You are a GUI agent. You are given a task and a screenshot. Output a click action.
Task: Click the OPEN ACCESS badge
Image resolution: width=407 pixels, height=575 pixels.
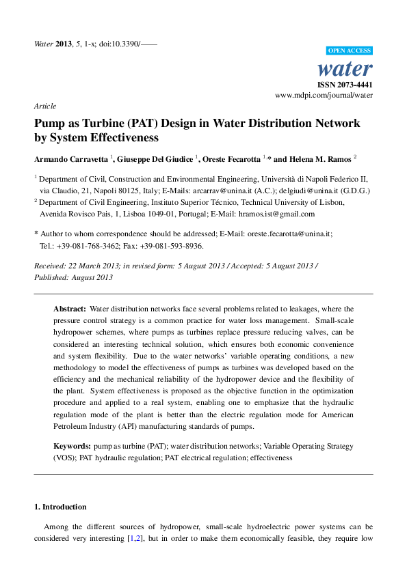(x=349, y=51)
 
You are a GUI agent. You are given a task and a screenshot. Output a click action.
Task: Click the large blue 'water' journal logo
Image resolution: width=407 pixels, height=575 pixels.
(x=346, y=68)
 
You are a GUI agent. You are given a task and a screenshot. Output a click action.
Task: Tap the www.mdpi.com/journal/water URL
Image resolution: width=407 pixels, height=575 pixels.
(x=324, y=96)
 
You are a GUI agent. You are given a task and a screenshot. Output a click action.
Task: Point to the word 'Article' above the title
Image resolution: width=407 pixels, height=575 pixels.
(x=44, y=106)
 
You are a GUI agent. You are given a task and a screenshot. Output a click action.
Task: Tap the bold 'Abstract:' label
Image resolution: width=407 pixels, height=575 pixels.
(x=70, y=309)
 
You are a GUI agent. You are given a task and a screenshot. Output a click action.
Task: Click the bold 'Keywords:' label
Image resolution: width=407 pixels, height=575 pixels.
(x=72, y=446)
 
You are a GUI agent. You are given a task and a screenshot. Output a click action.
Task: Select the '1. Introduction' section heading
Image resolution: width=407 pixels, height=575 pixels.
(x=60, y=507)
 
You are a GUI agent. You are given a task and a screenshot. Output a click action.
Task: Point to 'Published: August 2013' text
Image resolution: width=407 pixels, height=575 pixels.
(x=73, y=277)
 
